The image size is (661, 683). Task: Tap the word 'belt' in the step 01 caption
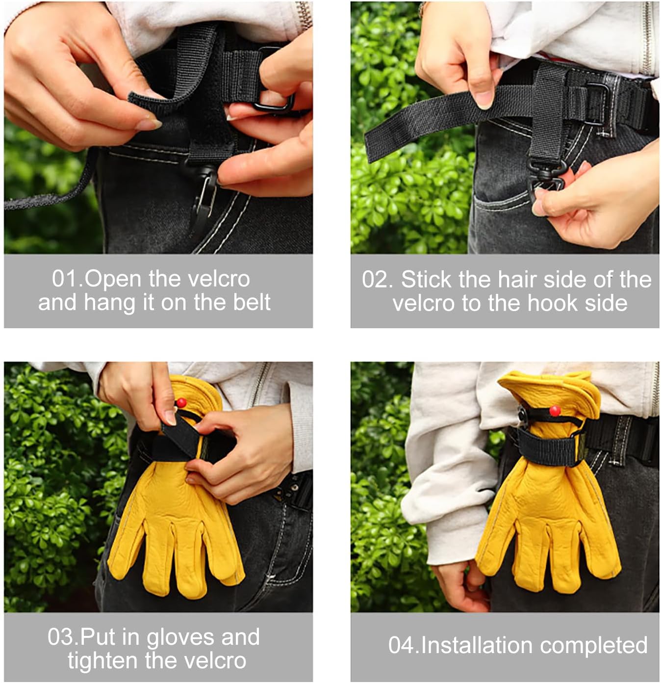click(252, 302)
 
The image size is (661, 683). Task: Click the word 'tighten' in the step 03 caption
click(104, 660)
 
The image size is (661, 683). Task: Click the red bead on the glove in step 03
click(181, 402)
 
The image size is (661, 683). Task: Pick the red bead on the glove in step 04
click(555, 410)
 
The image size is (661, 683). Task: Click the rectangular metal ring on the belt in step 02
click(595, 104)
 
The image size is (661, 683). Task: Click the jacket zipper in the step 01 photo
click(304, 15)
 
